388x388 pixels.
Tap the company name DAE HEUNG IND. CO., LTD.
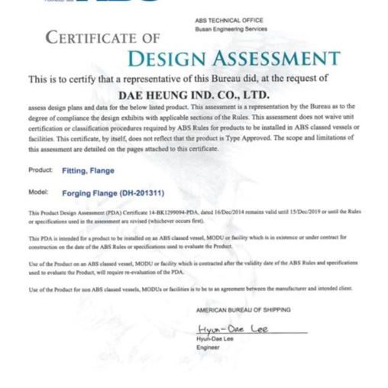coord(193,94)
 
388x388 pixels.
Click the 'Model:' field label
coord(38,192)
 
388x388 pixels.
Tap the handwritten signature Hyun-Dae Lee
coord(230,328)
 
